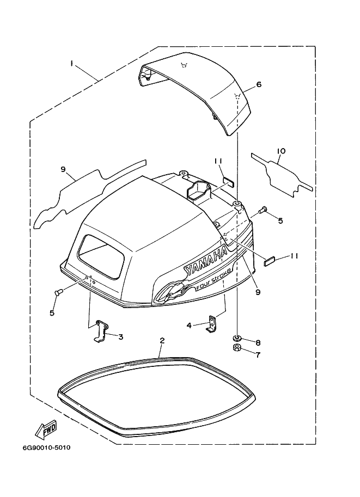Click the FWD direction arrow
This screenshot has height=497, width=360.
pos(46,430)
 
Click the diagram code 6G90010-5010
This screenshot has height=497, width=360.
pos(47,448)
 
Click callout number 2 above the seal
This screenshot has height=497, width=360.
pos(162,341)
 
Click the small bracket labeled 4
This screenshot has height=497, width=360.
pos(211,323)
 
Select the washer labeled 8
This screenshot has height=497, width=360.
pos(236,337)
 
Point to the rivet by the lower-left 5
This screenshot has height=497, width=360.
pos(58,292)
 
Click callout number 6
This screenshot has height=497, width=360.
pos(259,84)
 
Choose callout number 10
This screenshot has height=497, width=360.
pos(282,151)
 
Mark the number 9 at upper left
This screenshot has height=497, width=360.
pos(63,169)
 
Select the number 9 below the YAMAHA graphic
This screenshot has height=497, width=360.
pos(258,292)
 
